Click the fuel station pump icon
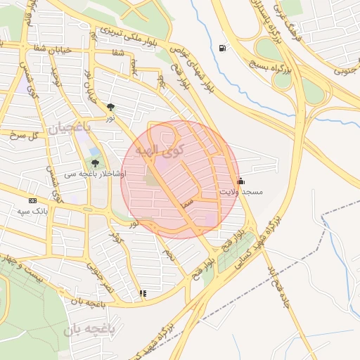tap(223, 48)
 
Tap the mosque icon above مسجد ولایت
tap(240, 180)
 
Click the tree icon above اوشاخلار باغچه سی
tap(94, 164)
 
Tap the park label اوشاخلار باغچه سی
tap(94, 174)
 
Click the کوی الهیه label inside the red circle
tap(160, 149)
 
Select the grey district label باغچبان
tap(71, 127)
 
